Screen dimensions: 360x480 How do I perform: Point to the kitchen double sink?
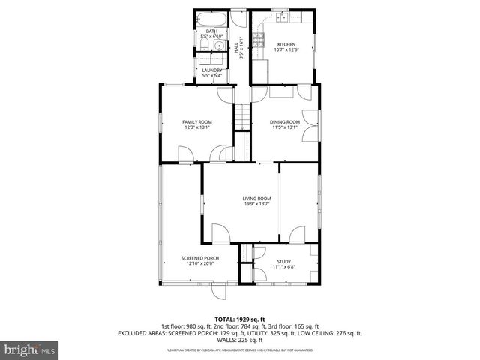[278, 16]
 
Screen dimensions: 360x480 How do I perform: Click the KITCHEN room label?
[286, 45]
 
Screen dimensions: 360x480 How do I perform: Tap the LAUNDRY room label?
[212, 70]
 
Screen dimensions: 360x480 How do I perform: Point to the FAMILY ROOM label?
[197, 121]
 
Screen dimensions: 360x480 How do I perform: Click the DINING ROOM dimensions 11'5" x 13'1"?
[285, 127]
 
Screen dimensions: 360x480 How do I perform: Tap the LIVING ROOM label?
[256, 198]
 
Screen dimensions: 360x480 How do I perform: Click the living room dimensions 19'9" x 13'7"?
[256, 204]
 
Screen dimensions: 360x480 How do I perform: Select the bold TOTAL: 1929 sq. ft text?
[240, 319]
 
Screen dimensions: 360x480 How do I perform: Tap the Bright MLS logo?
[29, 349]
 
